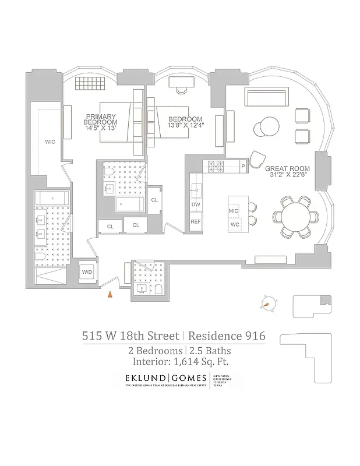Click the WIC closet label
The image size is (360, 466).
[50, 142]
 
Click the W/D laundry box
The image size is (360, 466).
[87, 271]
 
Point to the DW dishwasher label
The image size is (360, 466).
[195, 204]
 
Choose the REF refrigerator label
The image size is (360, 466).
[196, 222]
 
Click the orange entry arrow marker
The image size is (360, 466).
[109, 295]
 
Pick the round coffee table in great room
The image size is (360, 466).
[269, 126]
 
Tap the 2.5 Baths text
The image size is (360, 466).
[210, 350]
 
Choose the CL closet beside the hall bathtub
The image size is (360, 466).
[154, 200]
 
